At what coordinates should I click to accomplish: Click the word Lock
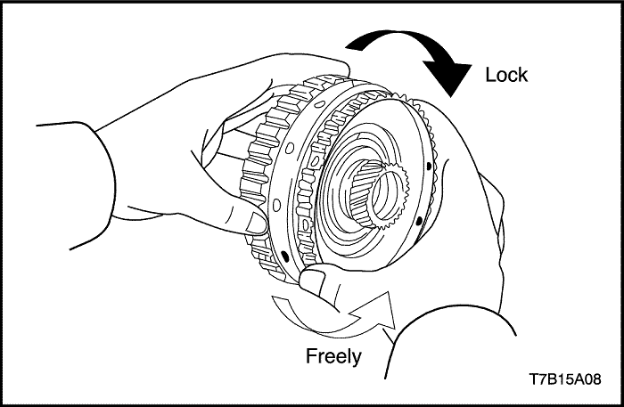pyautogui.click(x=506, y=75)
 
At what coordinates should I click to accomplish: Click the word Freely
pyautogui.click(x=333, y=356)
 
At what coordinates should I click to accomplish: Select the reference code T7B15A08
pyautogui.click(x=565, y=379)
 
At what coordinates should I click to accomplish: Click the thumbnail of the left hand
pyautogui.click(x=255, y=224)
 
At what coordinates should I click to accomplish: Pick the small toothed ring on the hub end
pyautogui.click(x=390, y=198)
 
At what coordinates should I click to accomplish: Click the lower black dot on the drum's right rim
pyautogui.click(x=418, y=221)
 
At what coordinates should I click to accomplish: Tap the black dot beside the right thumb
pyautogui.click(x=285, y=254)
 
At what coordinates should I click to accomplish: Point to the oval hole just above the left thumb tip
pyautogui.click(x=275, y=205)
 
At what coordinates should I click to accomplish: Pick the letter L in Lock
pyautogui.click(x=490, y=75)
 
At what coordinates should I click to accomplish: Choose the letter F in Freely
pyautogui.click(x=311, y=355)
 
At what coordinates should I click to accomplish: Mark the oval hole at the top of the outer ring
pyautogui.click(x=319, y=104)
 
